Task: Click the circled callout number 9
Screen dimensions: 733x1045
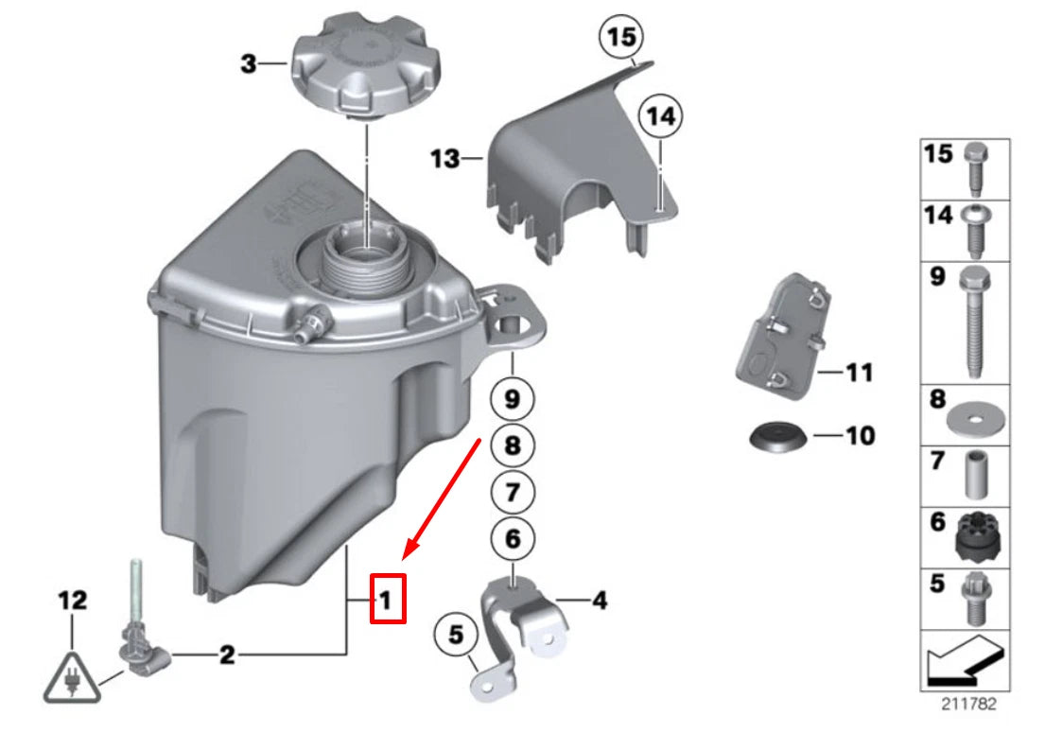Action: pyautogui.click(x=512, y=399)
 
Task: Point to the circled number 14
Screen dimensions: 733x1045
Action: pyautogui.click(x=659, y=117)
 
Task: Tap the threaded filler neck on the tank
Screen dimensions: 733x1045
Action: pyautogui.click(x=365, y=256)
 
